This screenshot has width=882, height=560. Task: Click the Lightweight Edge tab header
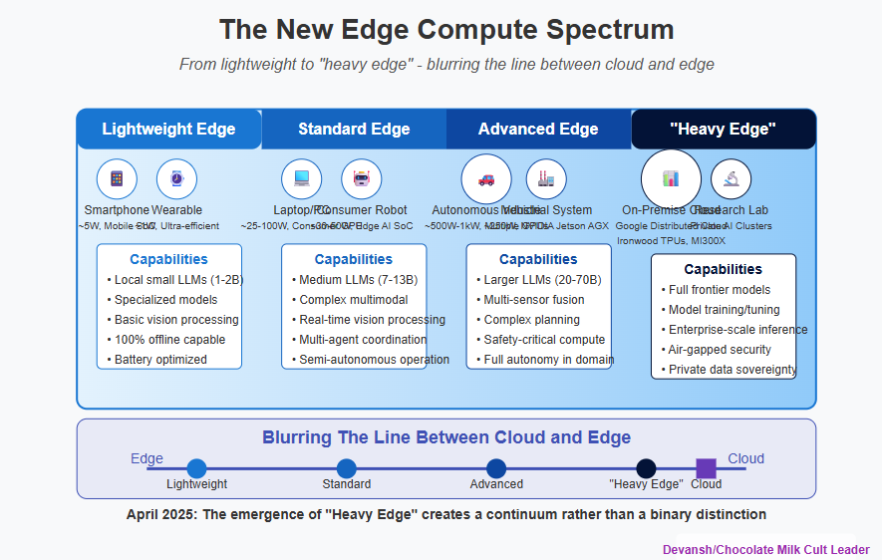[168, 130]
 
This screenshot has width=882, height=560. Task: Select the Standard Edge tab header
[354, 130]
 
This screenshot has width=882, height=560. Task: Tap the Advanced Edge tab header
[538, 130]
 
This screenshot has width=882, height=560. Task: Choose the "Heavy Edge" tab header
[723, 130]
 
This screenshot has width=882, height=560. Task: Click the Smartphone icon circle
[117, 179]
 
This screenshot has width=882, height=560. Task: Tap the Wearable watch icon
[176, 179]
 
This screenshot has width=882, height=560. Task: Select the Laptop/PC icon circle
[301, 179]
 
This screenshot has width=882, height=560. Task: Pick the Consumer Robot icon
[361, 179]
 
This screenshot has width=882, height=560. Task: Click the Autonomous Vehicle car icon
[486, 179]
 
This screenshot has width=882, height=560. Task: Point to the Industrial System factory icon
[546, 179]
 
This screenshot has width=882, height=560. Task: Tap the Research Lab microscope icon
[732, 179]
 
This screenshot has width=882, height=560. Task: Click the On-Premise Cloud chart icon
[671, 179]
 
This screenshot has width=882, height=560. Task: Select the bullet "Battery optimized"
[160, 360]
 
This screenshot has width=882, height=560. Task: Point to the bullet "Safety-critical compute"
[544, 340]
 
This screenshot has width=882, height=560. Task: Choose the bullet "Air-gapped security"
[722, 350]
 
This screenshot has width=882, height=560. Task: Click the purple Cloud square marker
[706, 468]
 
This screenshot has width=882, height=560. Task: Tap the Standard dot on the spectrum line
[347, 468]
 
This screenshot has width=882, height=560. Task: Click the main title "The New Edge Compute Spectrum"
[441, 30]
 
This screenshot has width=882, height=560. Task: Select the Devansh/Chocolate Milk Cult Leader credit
[766, 550]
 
